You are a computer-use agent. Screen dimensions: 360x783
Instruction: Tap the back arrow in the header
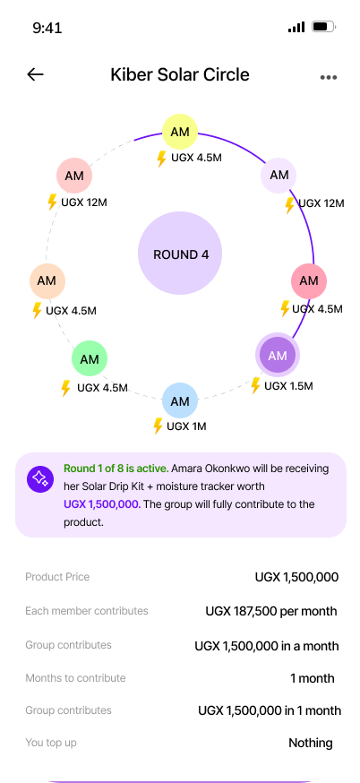point(35,75)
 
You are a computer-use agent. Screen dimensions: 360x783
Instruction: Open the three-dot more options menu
point(328,77)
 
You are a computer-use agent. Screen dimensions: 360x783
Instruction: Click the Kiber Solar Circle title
point(180,74)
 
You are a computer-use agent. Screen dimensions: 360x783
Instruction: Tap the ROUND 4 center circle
point(180,254)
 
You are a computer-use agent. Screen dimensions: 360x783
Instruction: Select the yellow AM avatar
point(180,132)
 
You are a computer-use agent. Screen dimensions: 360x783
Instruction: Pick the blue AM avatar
point(180,400)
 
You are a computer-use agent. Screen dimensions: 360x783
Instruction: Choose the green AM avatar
point(90,358)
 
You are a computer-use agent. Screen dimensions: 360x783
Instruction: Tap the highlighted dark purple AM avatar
point(277,355)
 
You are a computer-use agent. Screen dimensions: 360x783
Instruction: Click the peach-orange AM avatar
point(47,280)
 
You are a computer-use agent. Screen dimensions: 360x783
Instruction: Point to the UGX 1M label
point(186,426)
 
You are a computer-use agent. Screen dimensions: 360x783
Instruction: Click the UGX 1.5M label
point(288,386)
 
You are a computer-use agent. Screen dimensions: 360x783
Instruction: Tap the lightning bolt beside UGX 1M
point(158,426)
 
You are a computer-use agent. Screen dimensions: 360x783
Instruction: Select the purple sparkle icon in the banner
point(40,479)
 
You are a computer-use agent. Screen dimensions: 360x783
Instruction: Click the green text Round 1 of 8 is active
point(116,469)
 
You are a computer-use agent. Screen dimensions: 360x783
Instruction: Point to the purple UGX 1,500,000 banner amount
point(102,504)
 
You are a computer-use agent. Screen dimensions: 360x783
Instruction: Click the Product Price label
point(57,577)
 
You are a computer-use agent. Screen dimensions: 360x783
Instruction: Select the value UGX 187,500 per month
point(271,611)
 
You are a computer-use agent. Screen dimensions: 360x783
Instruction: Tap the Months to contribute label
point(75,678)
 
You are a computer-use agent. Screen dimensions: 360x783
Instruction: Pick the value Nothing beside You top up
point(311,743)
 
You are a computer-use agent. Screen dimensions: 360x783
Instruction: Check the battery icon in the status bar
point(323,27)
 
